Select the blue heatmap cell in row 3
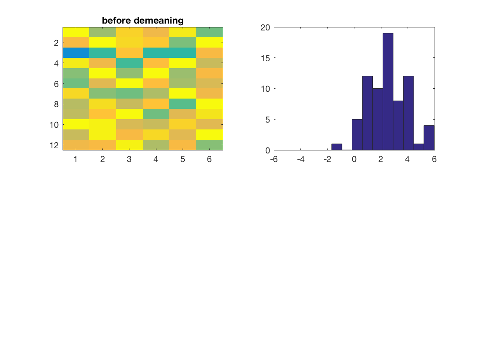click(x=76, y=53)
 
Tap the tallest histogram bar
click(x=388, y=92)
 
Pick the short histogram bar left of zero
click(x=337, y=147)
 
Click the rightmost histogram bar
click(x=429, y=138)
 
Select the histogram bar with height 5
click(x=357, y=135)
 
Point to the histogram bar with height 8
click(x=398, y=126)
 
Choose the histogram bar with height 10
click(x=378, y=120)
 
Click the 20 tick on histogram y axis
click(x=265, y=27)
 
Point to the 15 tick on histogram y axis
click(x=265, y=58)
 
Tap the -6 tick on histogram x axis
click(x=274, y=159)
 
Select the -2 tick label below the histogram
click(x=327, y=159)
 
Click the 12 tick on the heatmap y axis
click(x=54, y=145)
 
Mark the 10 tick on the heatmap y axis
click(x=54, y=125)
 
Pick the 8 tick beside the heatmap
click(x=56, y=104)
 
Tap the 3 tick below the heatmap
click(x=129, y=159)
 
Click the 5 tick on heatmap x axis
click(x=183, y=159)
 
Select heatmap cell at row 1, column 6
click(x=210, y=32)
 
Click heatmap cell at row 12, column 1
click(x=76, y=145)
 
